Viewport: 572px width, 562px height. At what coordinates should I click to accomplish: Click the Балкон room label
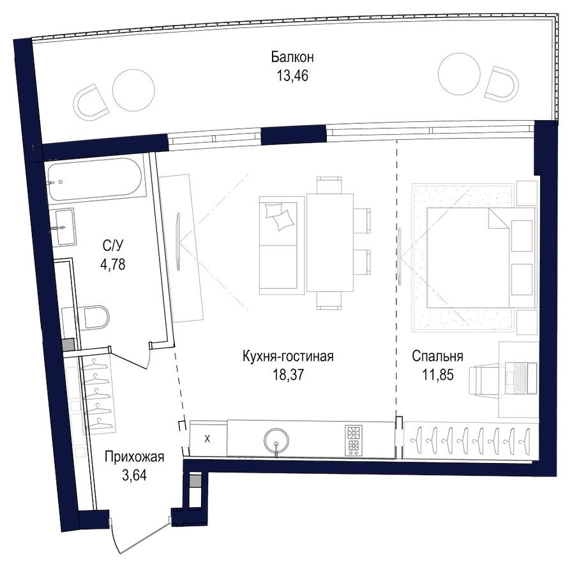coord(292,57)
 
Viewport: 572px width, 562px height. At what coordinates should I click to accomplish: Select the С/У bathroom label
coord(113,244)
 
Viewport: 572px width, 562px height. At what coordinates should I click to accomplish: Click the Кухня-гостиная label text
coord(288,356)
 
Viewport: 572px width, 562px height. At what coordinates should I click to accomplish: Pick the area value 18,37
coord(288,374)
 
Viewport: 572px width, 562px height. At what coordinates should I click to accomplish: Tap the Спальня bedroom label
coord(437,356)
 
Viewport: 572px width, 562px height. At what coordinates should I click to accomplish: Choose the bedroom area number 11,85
coord(437,374)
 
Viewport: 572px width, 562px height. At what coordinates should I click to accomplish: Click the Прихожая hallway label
coord(135,457)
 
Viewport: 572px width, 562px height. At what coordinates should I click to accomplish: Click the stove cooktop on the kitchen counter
coord(353,439)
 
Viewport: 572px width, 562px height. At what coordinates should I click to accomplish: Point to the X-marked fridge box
coord(208,439)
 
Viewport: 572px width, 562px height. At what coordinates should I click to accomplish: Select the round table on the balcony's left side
coord(133,90)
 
